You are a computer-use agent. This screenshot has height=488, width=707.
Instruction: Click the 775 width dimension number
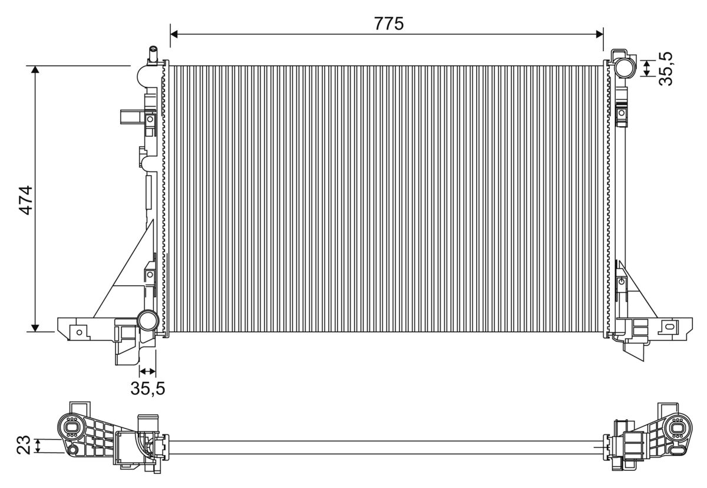pos(388,24)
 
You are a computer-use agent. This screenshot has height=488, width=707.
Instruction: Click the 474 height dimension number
pos(26,200)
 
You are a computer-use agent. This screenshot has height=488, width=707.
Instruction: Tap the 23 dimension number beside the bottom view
pos(24,445)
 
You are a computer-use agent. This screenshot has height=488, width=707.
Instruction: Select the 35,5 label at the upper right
pos(666,69)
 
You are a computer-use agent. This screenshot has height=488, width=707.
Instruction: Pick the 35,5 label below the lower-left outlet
pos(148,388)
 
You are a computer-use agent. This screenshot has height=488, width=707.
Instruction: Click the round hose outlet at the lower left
pos(148,321)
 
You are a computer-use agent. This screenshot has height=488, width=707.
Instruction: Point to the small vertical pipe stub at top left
pos(153,55)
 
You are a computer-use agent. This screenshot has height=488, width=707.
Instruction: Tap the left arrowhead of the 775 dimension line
pos(174,34)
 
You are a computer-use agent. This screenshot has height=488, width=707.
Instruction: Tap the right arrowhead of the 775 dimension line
pos(599,34)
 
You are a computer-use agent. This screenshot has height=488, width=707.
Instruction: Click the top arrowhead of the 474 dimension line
pos(35,70)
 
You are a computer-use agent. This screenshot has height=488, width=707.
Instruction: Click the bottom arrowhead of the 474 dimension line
pos(35,328)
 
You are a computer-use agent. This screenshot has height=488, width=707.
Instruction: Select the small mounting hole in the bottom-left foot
pos(80,332)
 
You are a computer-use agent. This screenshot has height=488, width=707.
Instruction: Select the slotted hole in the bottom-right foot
pos(668,327)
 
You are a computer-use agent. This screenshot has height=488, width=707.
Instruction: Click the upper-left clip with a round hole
pos(150,120)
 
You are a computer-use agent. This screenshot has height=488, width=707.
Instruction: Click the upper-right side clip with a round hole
pos(622,113)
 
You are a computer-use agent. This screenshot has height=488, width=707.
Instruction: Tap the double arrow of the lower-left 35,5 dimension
pos(147,371)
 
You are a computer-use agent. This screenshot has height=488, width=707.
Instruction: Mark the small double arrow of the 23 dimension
pos(38,446)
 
